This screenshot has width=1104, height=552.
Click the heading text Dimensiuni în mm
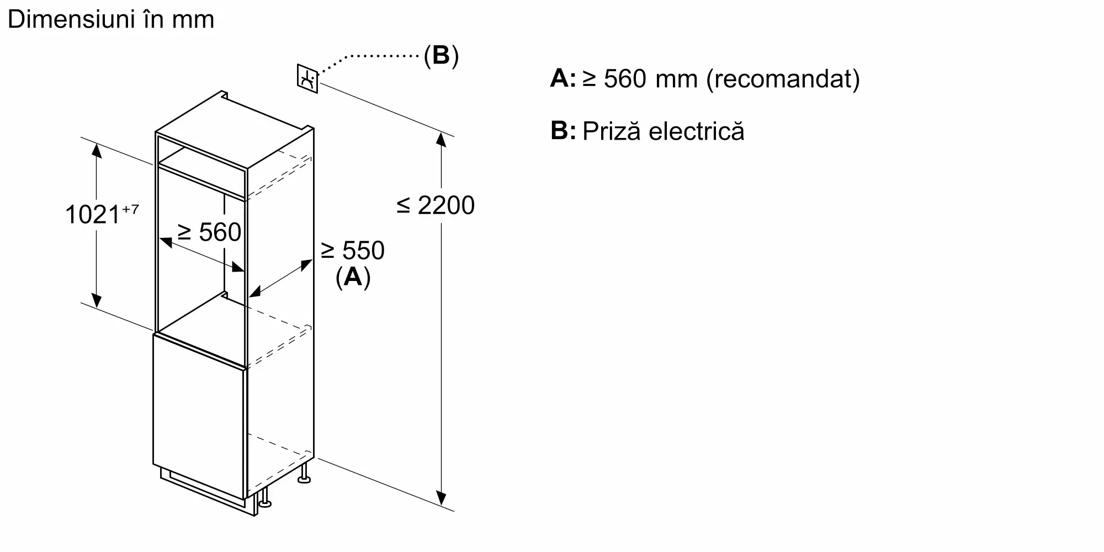point(111,20)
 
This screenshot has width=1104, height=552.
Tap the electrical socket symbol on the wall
point(307,78)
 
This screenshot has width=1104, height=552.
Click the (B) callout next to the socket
point(441,56)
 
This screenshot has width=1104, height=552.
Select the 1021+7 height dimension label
point(102,214)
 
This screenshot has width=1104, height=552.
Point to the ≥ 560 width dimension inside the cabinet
point(209,232)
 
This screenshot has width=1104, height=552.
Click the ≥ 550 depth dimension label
point(353,251)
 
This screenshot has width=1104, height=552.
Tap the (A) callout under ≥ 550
point(353,277)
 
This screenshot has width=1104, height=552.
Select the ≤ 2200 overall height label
point(436,205)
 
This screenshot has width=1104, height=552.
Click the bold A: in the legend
point(562,79)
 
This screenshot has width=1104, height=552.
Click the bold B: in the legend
point(562,131)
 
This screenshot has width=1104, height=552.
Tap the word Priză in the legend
point(612,131)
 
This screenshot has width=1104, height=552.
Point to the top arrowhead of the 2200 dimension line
point(441,139)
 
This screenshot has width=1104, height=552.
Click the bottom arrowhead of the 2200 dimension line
point(441,498)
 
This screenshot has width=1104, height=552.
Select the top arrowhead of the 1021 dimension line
point(97,150)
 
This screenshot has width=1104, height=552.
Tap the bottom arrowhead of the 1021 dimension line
point(97,300)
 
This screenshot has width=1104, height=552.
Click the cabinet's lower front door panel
point(199,414)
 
